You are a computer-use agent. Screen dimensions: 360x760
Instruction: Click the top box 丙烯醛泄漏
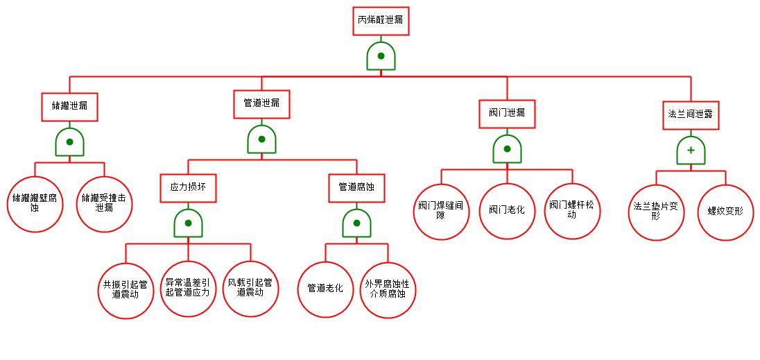coord(380,20)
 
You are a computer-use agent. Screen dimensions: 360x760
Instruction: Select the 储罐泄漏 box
coord(69,106)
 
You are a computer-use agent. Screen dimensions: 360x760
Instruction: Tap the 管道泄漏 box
coord(261,103)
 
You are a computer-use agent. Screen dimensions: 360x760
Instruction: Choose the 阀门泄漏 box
coord(507,113)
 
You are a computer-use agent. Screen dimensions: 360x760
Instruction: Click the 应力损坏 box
coord(188,187)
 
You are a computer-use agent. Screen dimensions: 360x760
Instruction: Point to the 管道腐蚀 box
coord(356,187)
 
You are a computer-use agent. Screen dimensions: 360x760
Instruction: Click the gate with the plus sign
coord(691,150)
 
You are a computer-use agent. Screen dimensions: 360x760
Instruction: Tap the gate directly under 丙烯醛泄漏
coord(381,56)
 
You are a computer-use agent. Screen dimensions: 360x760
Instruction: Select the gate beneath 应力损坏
coord(188,223)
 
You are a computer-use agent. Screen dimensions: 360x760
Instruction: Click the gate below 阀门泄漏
coord(507,149)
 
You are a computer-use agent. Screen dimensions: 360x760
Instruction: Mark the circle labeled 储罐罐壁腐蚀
coord(35,203)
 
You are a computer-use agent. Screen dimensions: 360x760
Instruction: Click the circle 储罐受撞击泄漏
coord(104,203)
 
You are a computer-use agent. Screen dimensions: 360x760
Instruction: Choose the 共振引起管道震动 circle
coord(126,289)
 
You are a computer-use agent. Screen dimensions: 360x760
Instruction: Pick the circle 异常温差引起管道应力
coord(188,289)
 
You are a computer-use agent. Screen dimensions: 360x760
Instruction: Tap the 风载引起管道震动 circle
coord(250,289)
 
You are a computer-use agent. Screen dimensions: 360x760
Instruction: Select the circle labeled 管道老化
coord(325,289)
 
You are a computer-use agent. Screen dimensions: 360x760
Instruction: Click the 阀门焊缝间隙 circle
coord(441,211)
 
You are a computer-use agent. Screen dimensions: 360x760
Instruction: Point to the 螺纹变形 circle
coord(725,211)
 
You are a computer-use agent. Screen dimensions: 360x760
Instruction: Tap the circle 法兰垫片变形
coord(657,211)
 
